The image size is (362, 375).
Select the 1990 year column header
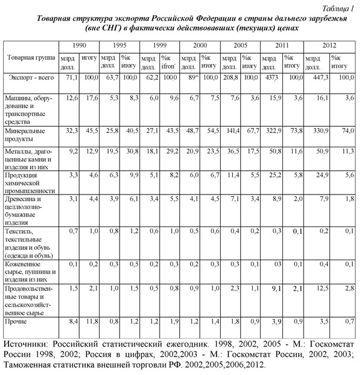click(78, 46)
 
